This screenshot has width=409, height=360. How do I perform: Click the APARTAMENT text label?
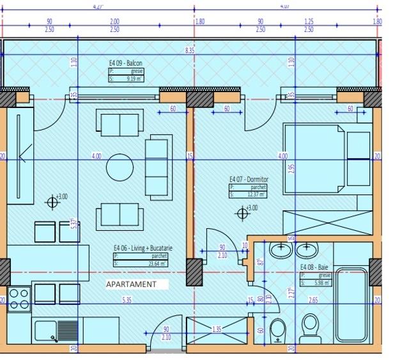tap(131, 284)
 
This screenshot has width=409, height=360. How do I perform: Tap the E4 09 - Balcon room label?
tap(125, 63)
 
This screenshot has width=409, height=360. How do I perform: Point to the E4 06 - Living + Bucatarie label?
tap(143, 248)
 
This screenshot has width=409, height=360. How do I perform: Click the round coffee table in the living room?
tap(120, 168)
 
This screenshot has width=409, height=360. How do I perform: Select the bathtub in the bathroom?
tap(351, 305)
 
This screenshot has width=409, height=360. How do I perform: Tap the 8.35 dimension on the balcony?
tap(190, 49)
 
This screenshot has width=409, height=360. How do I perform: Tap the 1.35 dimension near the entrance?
tap(217, 329)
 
